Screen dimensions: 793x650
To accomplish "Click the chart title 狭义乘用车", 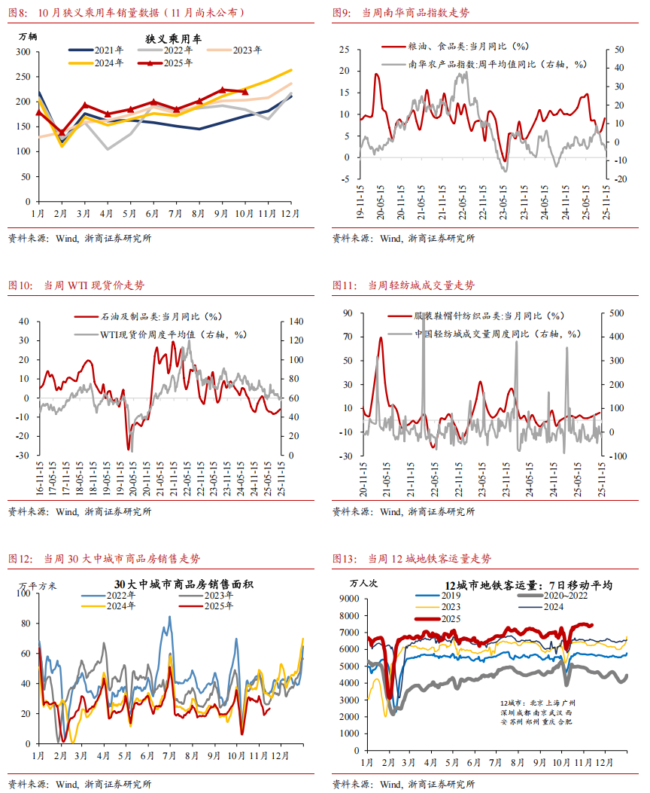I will click(172, 38).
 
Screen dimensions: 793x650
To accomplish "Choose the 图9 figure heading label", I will click(344, 13).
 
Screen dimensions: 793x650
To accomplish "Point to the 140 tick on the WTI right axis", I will click(294, 322).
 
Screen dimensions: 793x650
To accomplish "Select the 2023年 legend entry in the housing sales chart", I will click(216, 596).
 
